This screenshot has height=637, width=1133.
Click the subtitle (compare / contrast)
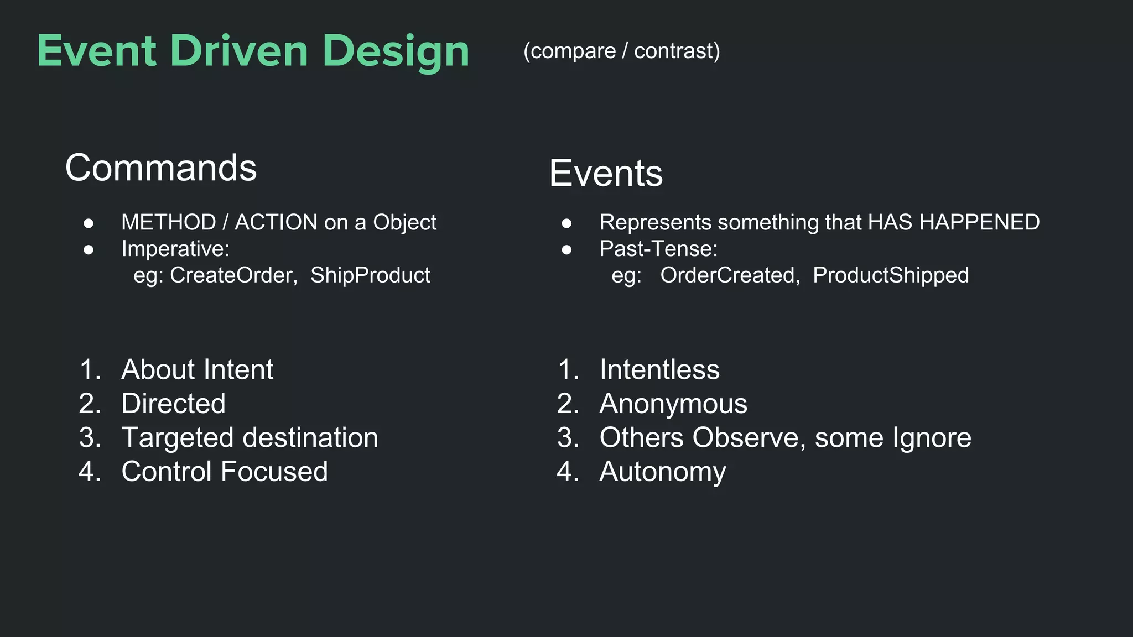point(621,51)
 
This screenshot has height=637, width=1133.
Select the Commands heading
point(161,168)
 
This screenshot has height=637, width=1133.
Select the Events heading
point(606,174)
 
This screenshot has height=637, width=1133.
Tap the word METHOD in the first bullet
point(168,222)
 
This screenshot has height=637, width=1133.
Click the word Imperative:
point(175,249)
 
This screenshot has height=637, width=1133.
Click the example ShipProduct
point(370,275)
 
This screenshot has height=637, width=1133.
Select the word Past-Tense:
point(658,249)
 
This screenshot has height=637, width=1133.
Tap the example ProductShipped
point(891,275)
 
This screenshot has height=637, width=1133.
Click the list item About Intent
point(197,369)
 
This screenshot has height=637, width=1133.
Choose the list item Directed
point(173,404)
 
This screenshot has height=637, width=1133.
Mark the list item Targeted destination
point(250,438)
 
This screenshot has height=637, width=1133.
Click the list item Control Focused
point(224,472)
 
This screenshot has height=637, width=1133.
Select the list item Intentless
point(659,369)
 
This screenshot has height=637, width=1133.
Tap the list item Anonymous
point(673,404)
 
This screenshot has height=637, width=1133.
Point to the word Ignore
point(932,438)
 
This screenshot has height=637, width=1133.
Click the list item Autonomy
point(662,472)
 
